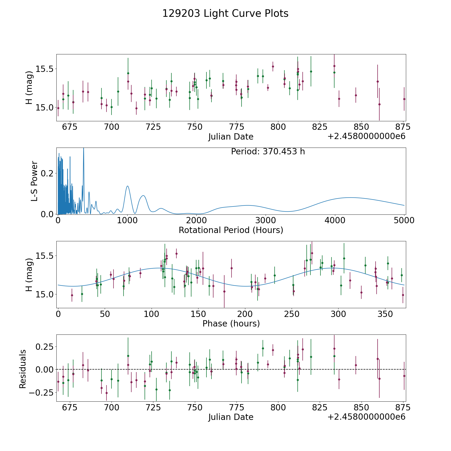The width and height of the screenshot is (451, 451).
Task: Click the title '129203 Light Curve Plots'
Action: tap(225, 14)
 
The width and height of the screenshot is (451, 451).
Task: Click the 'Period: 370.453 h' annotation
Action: tap(268, 152)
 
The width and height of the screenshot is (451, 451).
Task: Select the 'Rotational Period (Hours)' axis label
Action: tap(231, 230)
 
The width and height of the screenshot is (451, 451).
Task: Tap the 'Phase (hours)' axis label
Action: tap(231, 324)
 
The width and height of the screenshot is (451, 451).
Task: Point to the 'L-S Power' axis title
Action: tap(34, 181)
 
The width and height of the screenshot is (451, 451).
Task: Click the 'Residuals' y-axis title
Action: tap(23, 369)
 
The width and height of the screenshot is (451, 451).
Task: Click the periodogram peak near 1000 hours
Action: tap(128, 186)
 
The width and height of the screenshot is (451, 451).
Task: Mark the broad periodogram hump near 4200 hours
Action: tap(350, 198)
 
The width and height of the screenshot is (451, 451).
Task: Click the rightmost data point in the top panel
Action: tap(404, 99)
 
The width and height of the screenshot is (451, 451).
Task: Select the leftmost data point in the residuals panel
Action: tap(58, 382)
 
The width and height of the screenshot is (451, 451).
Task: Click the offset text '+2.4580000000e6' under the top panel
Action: tap(366, 136)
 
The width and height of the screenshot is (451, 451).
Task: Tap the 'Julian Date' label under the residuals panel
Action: tap(231, 417)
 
